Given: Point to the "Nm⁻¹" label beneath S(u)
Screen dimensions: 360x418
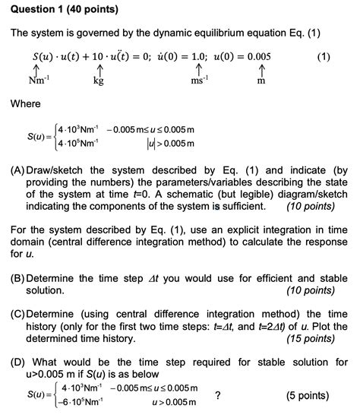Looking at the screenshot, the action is (x=39, y=81).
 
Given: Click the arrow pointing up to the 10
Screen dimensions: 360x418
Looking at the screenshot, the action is (x=99, y=69).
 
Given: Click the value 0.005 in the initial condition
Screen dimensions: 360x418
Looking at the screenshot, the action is (x=256, y=57).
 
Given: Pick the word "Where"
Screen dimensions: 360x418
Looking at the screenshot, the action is (x=26, y=104).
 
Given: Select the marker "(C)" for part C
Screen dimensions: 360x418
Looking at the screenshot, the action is (x=18, y=314).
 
